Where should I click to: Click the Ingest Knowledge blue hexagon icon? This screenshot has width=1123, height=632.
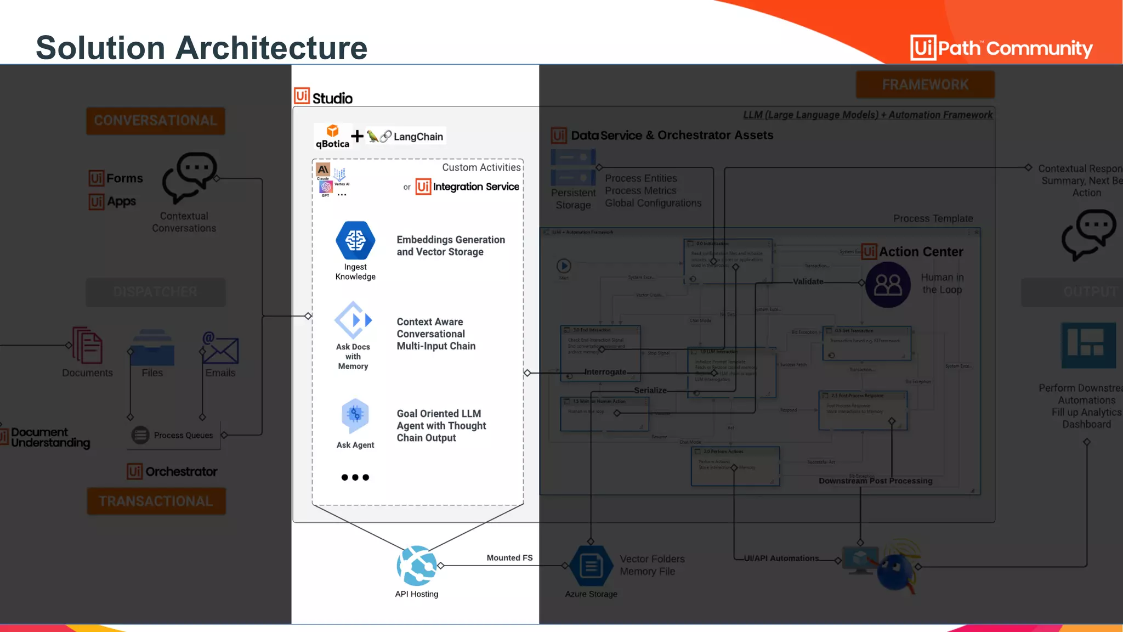[x=355, y=240]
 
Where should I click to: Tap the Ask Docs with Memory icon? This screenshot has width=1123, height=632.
[x=354, y=320]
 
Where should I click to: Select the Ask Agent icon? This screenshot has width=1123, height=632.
[x=355, y=415]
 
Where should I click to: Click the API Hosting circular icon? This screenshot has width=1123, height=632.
[x=417, y=566]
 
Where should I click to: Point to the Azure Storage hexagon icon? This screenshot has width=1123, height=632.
[x=591, y=566]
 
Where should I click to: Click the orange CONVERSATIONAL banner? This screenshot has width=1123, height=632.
[x=156, y=121]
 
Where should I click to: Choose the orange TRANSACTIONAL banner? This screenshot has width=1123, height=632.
[x=156, y=501]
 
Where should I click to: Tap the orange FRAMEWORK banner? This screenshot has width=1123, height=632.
[x=925, y=84]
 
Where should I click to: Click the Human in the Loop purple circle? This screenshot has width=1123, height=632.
[x=888, y=284]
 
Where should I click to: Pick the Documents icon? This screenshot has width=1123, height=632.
[x=87, y=345]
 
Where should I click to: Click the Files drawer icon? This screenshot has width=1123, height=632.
[x=152, y=348]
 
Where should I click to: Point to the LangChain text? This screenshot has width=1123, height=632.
[x=418, y=137]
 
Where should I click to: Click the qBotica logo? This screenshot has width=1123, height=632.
[x=332, y=137]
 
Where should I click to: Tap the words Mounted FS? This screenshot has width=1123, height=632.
[x=509, y=558]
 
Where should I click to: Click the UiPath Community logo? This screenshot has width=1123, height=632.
[x=1001, y=48]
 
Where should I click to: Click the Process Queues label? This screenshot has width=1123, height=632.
[x=183, y=435]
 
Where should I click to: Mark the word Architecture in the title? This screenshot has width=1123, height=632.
[x=271, y=48]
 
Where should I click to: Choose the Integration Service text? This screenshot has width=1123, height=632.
[x=475, y=187]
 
